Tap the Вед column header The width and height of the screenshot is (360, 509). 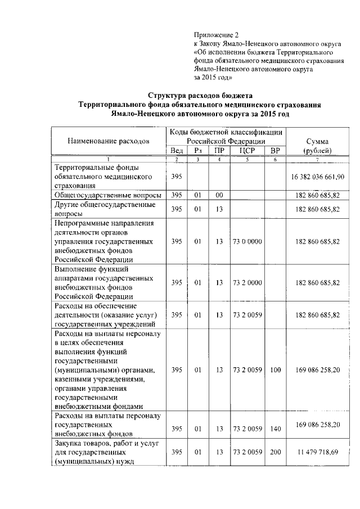176,151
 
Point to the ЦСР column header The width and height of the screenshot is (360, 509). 247,151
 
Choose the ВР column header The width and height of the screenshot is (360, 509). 274,151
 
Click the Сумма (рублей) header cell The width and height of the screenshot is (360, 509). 318,146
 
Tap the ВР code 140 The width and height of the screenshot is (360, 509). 274,429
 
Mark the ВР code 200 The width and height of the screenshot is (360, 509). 274,452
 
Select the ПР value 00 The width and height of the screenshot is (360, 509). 219,195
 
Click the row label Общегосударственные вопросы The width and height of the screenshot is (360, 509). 108,195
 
